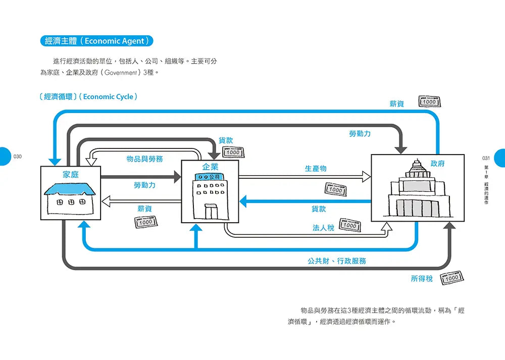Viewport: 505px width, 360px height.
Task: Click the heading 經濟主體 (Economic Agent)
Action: coord(96,41)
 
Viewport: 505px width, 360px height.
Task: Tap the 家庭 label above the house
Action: coord(71,175)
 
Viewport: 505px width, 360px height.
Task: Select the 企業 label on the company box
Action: coord(210,166)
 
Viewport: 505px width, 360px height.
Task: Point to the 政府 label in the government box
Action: coord(437,164)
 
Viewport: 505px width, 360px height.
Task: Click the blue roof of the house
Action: coord(70,189)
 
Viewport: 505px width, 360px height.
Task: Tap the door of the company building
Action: coord(211,211)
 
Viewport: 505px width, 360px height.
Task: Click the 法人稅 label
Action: coord(323,228)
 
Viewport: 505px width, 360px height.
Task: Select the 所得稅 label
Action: coord(422,278)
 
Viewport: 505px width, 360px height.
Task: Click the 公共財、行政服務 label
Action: coord(337,261)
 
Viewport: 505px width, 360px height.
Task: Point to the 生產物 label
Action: coord(316,169)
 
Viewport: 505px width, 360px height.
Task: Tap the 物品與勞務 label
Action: coord(144,159)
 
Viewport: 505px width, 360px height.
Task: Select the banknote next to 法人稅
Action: coord(349,226)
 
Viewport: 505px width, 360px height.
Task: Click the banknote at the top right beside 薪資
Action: coord(429,101)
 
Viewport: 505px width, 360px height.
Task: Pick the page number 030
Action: coord(18,157)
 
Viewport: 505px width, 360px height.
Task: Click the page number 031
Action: coord(486,158)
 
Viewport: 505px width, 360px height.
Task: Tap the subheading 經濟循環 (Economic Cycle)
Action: coord(87,96)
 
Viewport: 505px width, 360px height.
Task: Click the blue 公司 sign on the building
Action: coord(210,177)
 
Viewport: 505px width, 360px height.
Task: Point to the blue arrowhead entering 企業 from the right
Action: coord(243,202)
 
